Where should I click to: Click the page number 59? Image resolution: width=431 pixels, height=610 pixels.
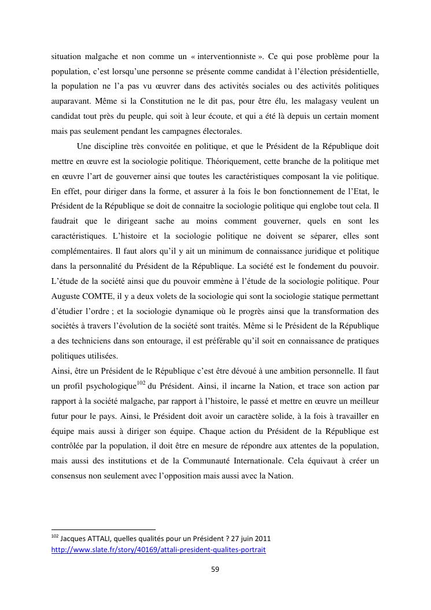(x=215, y=569)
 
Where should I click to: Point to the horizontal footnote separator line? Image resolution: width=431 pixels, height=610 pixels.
(x=104, y=529)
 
